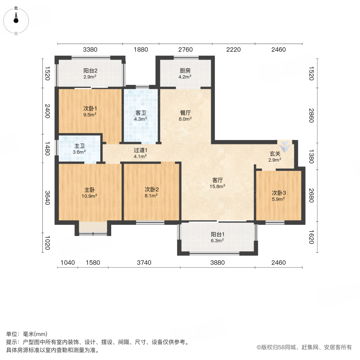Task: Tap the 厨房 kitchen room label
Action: tap(185, 71)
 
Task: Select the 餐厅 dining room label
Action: tap(185, 113)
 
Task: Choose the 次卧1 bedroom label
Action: tap(90, 108)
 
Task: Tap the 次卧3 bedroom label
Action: tap(278, 192)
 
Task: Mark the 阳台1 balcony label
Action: tap(217, 235)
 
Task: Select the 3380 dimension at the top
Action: tap(90, 50)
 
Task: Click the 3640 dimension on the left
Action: tap(47, 197)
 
